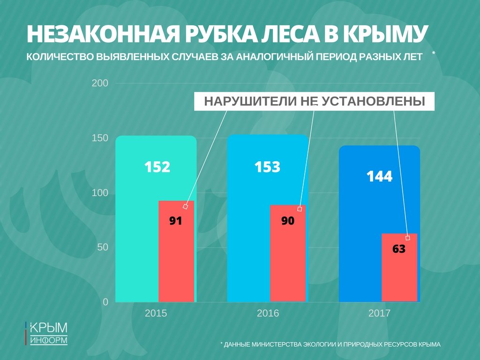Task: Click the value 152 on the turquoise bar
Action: point(157,167)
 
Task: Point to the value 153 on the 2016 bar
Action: point(267,167)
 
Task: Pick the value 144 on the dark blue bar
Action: point(379,177)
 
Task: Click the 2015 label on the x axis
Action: point(156,313)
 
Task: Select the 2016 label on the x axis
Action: point(268,313)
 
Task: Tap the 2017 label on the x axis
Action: point(379,313)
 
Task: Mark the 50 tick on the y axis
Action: point(102,247)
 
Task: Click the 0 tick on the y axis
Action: point(105,302)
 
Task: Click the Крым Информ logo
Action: point(46,333)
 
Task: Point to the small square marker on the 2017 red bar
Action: point(408,238)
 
